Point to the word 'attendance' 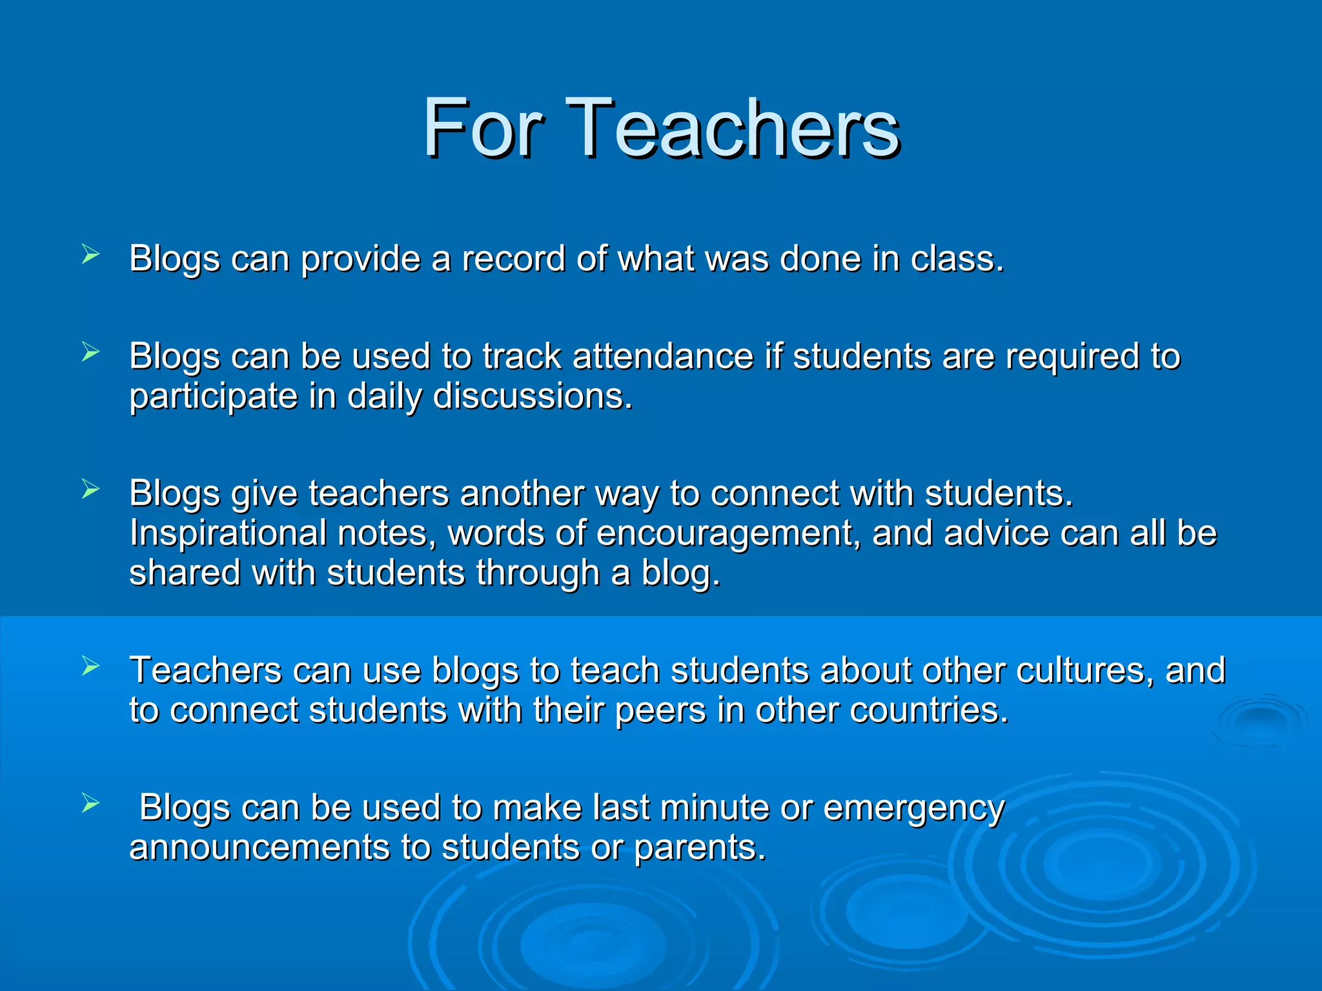pyautogui.click(x=662, y=357)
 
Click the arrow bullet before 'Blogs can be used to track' pyautogui.click(x=90, y=352)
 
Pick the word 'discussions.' pyautogui.click(x=533, y=396)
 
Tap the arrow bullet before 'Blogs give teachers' pyautogui.click(x=90, y=490)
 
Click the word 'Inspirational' pyautogui.click(x=227, y=534)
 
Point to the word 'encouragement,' pyautogui.click(x=729, y=534)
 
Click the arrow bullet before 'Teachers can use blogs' pyautogui.click(x=90, y=666)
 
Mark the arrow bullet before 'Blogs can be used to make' pyautogui.click(x=90, y=803)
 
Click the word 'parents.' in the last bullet pyautogui.click(x=700, y=848)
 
